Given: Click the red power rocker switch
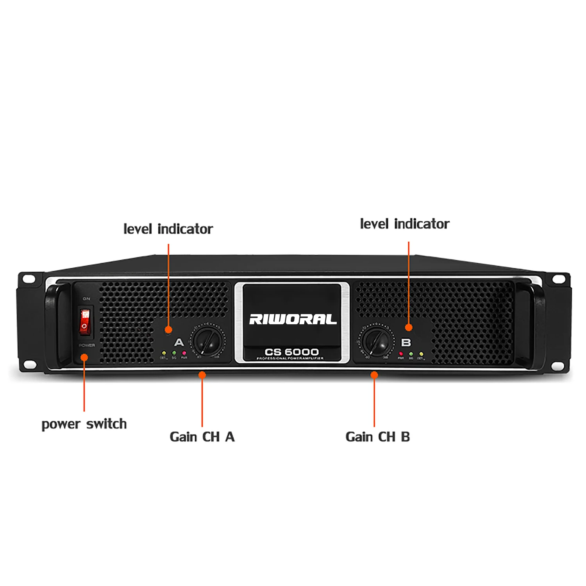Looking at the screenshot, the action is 85,321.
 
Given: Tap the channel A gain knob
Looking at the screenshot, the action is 207,341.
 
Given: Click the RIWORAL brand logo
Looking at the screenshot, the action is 293,319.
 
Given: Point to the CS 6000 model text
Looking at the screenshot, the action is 291,352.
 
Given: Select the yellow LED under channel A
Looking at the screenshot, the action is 164,353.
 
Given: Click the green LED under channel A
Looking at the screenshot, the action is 174,353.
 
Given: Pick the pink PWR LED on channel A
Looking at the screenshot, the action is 184,353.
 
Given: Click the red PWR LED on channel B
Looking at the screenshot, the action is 401,354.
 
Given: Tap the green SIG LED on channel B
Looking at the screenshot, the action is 411,354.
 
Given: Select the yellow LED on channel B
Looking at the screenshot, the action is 421,354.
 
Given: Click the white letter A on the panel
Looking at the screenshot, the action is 179,343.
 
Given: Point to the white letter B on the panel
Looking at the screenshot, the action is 406,343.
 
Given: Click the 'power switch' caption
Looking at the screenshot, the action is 84,424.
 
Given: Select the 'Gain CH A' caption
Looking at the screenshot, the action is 202,437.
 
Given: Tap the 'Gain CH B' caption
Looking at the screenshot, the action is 377,437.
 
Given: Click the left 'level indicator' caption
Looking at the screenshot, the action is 168,229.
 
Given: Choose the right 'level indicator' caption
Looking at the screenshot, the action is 404,224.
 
